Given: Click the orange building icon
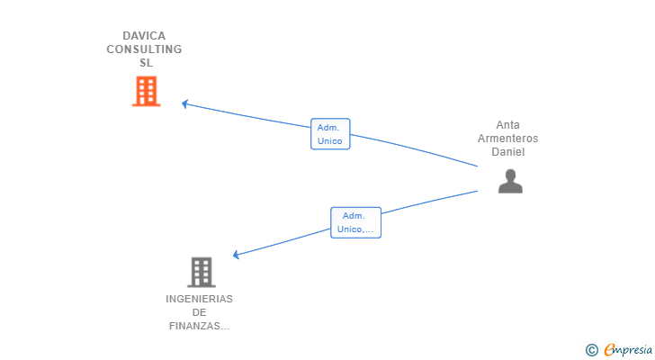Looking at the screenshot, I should click(x=146, y=92).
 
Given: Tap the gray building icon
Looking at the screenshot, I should click(x=202, y=272).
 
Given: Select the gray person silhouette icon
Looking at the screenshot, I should click(x=510, y=182).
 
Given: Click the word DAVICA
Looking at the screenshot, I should click(x=144, y=36).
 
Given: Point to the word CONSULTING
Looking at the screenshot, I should click(x=144, y=49).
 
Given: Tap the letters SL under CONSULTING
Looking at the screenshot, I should click(x=145, y=63).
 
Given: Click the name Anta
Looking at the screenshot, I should click(x=507, y=125).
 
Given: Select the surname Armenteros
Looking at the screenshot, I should click(x=507, y=139).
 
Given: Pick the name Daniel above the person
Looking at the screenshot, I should click(x=507, y=152).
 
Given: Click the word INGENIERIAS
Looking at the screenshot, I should click(x=199, y=299).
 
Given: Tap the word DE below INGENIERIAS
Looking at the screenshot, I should click(x=199, y=312).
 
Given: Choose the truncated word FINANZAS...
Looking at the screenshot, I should click(x=199, y=326).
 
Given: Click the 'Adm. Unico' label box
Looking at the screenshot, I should click(x=330, y=134).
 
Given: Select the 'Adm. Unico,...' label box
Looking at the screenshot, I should click(x=355, y=222).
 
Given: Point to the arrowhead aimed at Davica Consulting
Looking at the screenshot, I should click(x=184, y=103).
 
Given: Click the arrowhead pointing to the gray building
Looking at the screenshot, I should click(x=236, y=255).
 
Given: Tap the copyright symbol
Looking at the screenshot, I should click(x=591, y=350).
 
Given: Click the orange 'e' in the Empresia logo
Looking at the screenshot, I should click(x=609, y=350).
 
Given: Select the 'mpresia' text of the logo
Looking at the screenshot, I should click(x=632, y=350).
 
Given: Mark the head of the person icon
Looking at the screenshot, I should click(x=510, y=175).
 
